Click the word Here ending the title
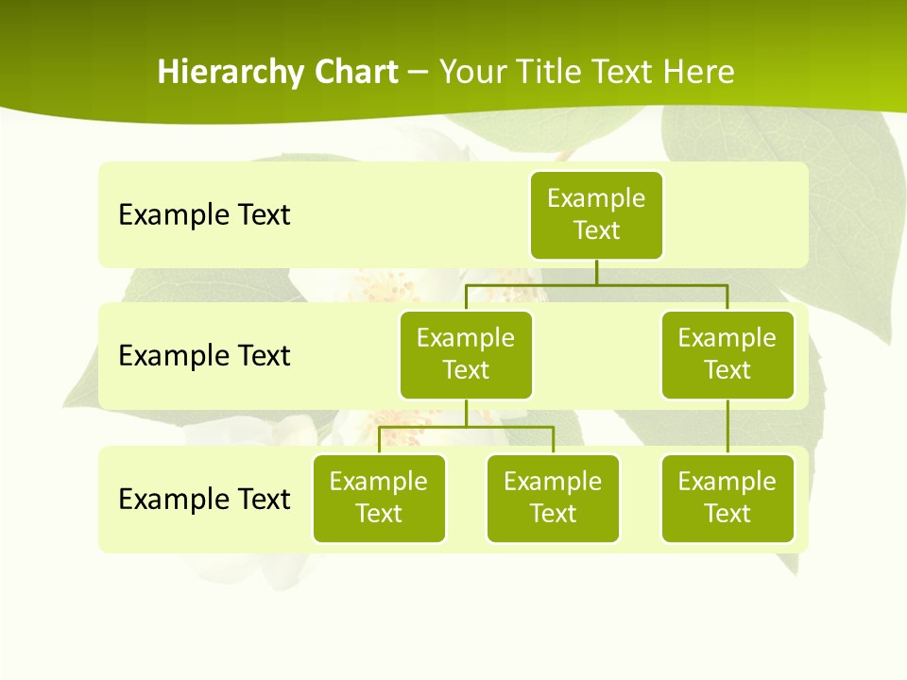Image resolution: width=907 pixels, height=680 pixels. coord(697,73)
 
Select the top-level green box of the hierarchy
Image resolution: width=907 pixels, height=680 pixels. coord(596,214)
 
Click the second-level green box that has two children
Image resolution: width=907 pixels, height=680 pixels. coord(466,354)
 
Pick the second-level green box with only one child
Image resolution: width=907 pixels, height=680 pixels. coord(727,354)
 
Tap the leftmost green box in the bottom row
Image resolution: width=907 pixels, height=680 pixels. coord(379,498)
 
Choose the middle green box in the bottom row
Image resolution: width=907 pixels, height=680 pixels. coord(553,498)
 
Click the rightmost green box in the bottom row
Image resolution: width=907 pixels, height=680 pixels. coord(727,498)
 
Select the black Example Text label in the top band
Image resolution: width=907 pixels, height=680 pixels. coord(204,214)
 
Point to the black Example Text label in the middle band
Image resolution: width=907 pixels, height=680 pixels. coord(204,355)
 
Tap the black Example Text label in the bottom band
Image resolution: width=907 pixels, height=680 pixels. coord(204,499)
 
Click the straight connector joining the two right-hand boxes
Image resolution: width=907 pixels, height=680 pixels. coord(727,427)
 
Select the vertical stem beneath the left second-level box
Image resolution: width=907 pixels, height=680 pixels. coord(466,413)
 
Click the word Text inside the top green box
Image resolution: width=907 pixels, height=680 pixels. coord(596,230)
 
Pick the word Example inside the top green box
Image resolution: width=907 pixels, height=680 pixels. coord(596,198)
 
